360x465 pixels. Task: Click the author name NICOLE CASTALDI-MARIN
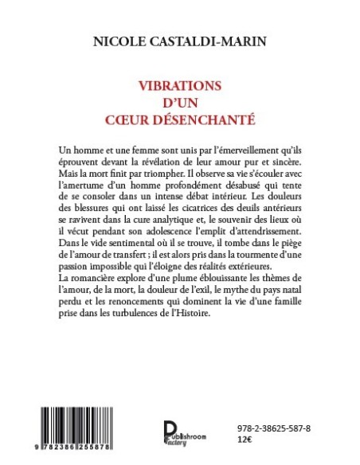180,38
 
